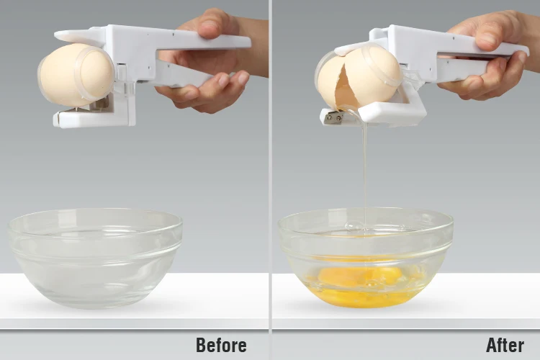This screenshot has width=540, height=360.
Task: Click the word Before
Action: point(221,345)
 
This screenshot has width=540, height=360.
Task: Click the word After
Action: point(505,345)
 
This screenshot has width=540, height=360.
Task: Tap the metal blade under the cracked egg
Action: point(333,117)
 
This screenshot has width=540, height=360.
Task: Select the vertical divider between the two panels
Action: point(270,180)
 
